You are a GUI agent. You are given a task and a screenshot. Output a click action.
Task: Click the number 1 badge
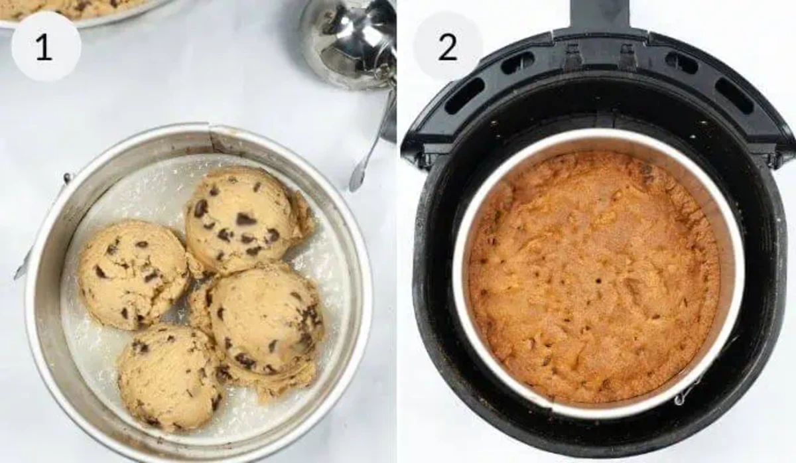click(45, 46)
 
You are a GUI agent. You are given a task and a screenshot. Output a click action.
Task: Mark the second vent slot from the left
click(518, 64)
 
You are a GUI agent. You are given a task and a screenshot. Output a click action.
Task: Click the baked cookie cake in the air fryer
click(594, 275)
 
